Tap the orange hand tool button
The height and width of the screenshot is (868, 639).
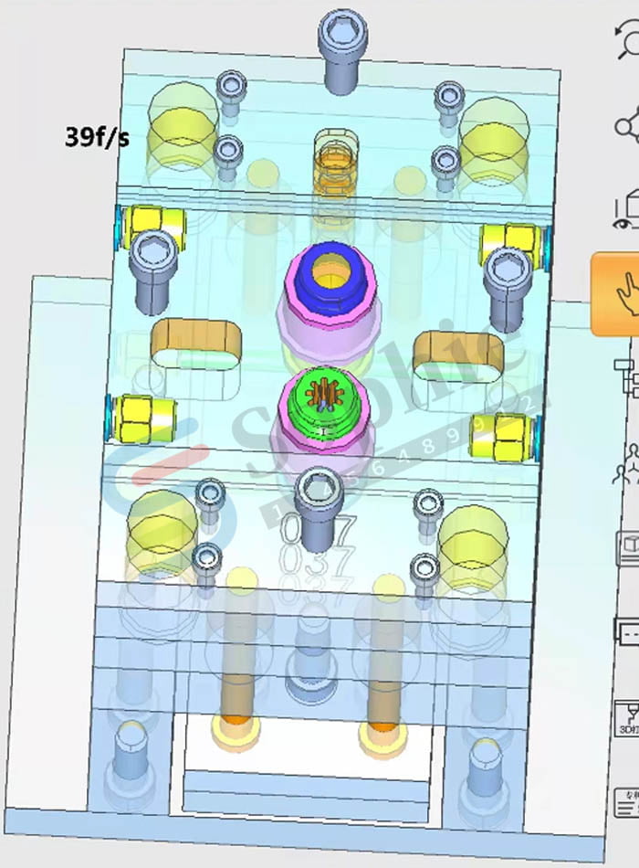pyautogui.click(x=617, y=294)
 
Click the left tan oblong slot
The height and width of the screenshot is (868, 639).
pyautogui.click(x=195, y=344)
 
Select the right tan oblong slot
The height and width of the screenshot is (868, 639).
pyautogui.click(x=458, y=355)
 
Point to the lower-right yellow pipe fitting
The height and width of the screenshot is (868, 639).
pyautogui.click(x=501, y=436)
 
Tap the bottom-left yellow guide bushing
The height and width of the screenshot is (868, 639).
pyautogui.click(x=162, y=528)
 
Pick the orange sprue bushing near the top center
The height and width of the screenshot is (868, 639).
pyautogui.click(x=335, y=164)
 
